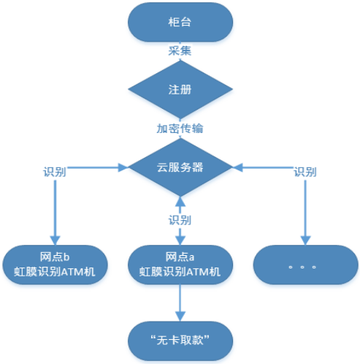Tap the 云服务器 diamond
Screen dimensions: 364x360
(x=180, y=167)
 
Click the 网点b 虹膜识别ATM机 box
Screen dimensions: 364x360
(x=55, y=264)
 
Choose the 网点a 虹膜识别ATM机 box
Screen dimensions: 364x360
(x=180, y=264)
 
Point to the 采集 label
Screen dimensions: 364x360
(x=180, y=53)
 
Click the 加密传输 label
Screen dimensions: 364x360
(x=180, y=129)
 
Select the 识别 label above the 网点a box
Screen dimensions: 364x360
(x=180, y=220)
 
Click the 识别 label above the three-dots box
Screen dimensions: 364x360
(x=305, y=172)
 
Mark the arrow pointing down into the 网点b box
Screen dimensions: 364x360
(x=55, y=212)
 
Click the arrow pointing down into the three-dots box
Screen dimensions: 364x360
(x=305, y=212)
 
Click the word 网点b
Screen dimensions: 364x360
(x=55, y=257)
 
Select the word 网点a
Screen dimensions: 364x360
(x=180, y=257)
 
